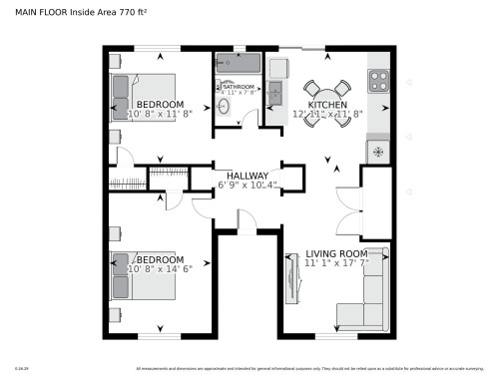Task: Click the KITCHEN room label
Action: click(326, 105)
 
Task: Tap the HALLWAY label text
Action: click(248, 176)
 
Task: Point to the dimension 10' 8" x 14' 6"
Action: click(159, 268)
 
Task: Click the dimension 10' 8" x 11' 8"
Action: click(159, 114)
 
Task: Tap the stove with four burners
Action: click(379, 82)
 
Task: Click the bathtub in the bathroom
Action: click(237, 65)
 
